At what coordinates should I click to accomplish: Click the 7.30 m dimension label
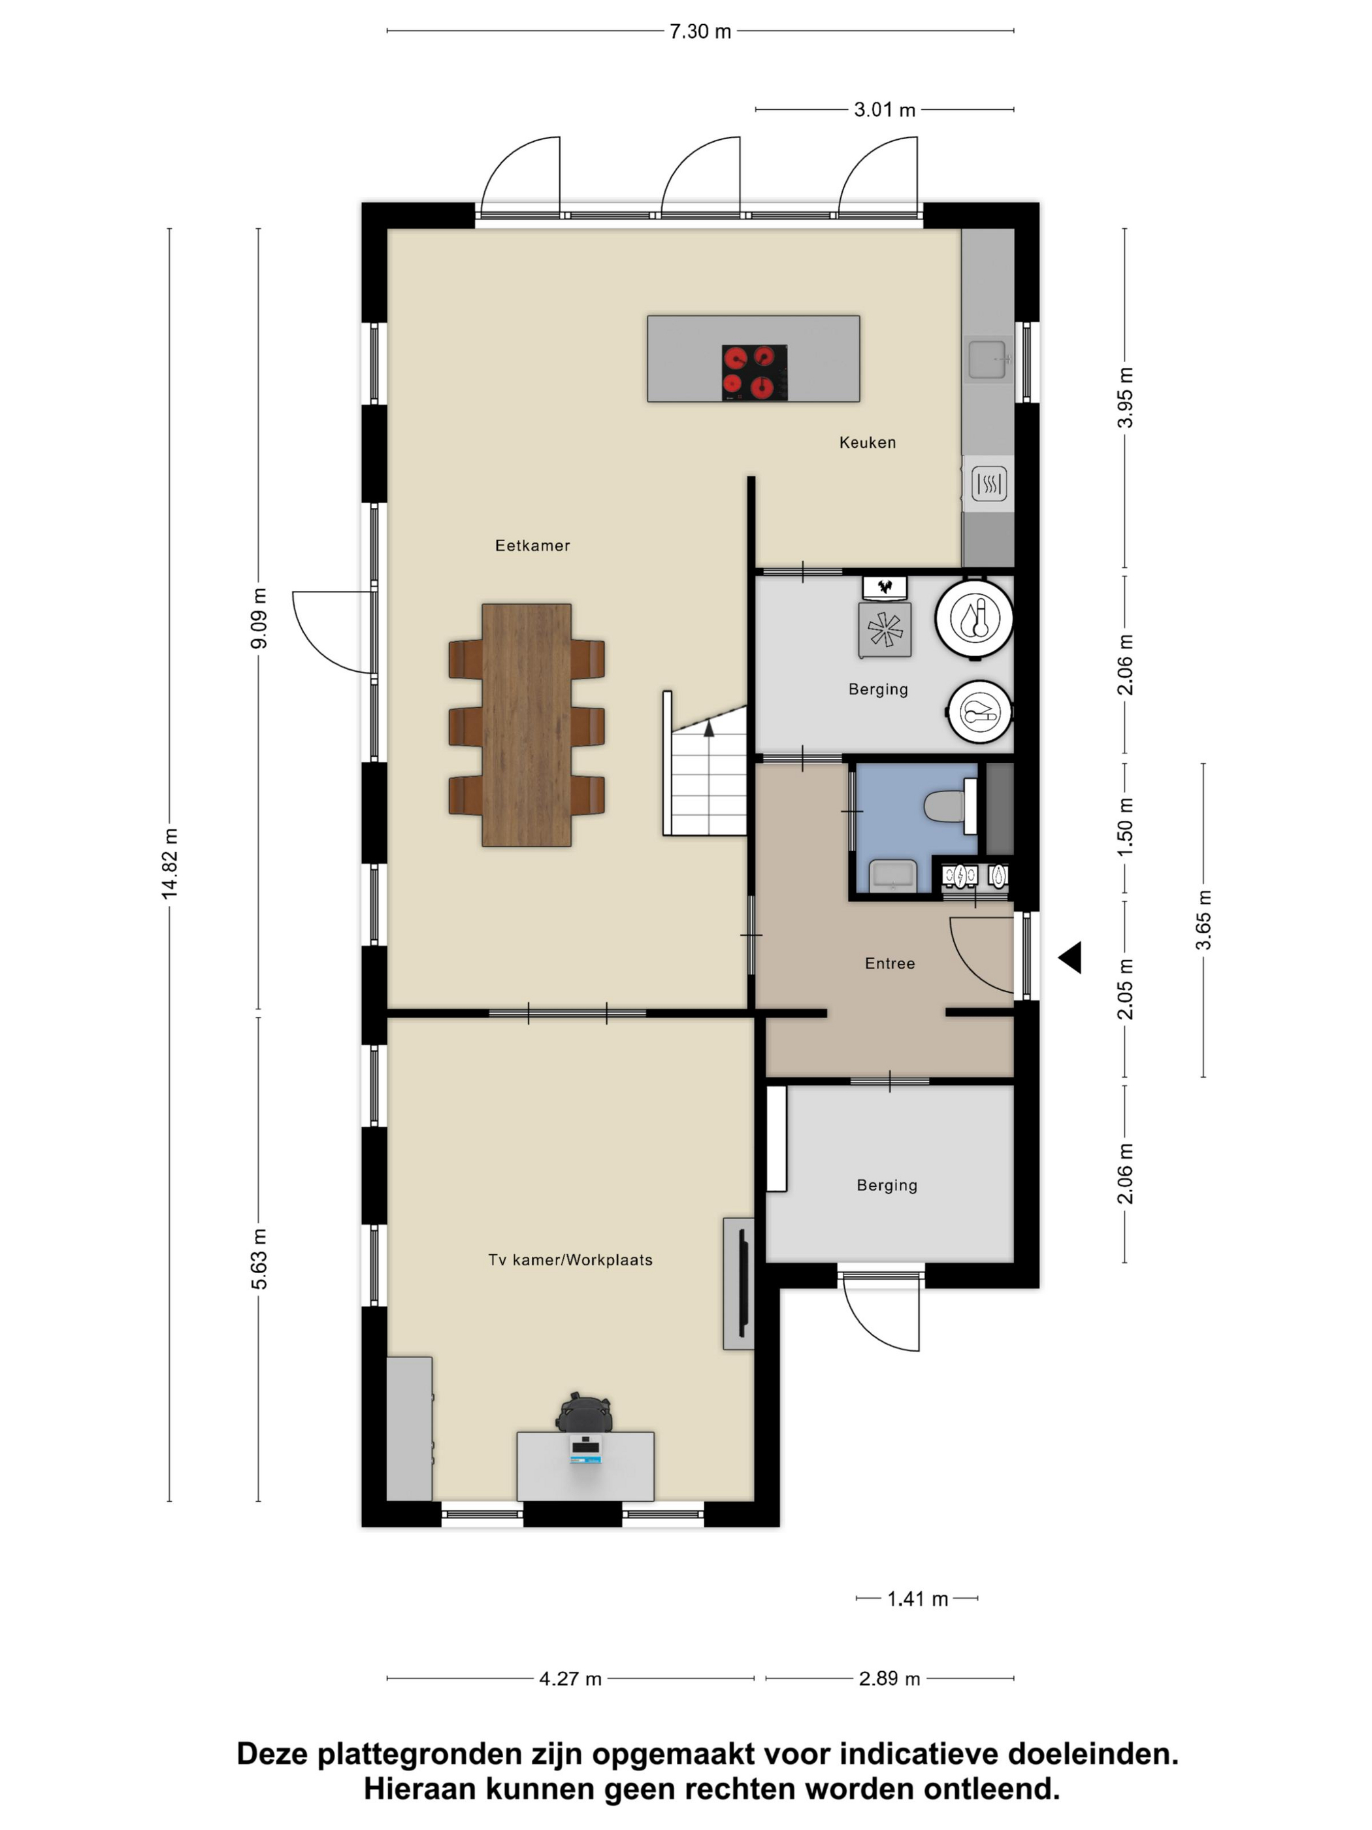tap(700, 31)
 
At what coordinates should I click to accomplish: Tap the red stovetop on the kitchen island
tap(753, 373)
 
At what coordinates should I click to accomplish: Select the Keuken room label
tap(867, 442)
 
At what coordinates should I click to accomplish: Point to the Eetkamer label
tap(532, 545)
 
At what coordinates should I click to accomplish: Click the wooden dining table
tap(526, 725)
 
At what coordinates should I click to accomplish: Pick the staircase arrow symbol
tap(709, 728)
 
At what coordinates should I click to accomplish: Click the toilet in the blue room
tap(947, 805)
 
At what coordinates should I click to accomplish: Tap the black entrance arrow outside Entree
tap(1070, 957)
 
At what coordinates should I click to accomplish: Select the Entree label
tap(889, 963)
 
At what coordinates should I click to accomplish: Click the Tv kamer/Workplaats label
tap(570, 1260)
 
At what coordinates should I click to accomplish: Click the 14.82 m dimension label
tap(169, 863)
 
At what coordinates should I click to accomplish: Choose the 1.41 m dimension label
tap(917, 1599)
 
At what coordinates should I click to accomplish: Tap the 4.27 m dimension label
tap(570, 1678)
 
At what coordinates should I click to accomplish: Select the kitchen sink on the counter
tap(987, 359)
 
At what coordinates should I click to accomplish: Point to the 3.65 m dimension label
tap(1203, 919)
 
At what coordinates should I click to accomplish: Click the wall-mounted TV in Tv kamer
tap(742, 1283)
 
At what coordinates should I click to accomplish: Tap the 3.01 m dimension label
tap(884, 110)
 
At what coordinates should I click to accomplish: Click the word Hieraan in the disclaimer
tap(419, 1789)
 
